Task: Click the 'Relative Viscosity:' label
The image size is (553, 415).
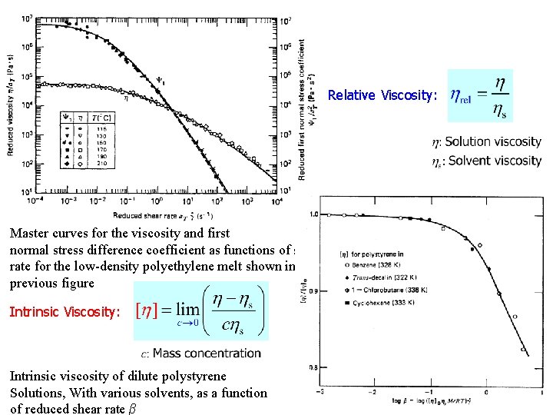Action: [382, 96]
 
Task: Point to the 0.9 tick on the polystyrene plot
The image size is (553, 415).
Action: [313, 291]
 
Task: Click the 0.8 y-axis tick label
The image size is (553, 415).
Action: [313, 367]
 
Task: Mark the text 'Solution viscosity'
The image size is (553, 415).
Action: [492, 141]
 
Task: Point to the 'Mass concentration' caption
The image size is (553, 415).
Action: [206, 354]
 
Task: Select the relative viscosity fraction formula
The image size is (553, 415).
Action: [480, 95]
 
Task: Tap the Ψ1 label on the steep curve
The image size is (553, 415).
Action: [160, 76]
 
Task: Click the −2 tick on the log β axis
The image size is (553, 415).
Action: [373, 391]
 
